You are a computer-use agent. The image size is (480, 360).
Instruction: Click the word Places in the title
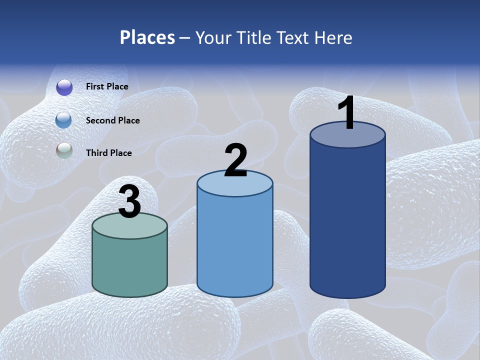tap(147, 37)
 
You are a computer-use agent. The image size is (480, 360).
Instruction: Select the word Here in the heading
tap(333, 37)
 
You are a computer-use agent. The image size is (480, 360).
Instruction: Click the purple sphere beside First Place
tap(64, 87)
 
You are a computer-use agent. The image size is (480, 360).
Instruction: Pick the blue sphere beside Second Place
tap(64, 120)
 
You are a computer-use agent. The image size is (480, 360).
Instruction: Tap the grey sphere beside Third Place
tap(64, 151)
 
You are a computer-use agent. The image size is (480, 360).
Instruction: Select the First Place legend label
tap(107, 86)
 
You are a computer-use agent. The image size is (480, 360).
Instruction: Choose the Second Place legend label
tap(112, 120)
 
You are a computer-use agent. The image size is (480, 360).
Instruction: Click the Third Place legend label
tap(108, 153)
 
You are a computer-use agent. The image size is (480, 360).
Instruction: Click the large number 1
tap(347, 113)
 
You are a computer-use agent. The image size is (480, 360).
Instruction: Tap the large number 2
tap(235, 160)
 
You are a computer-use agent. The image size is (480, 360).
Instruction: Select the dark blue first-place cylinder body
tap(347, 220)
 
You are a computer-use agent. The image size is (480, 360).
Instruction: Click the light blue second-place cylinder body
tap(235, 245)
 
